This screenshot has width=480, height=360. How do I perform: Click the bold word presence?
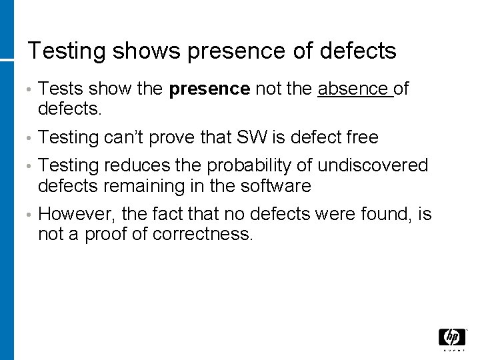tap(210, 89)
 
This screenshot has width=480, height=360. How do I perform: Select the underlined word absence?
tap(353, 89)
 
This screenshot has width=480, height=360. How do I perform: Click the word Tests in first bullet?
tap(59, 89)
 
